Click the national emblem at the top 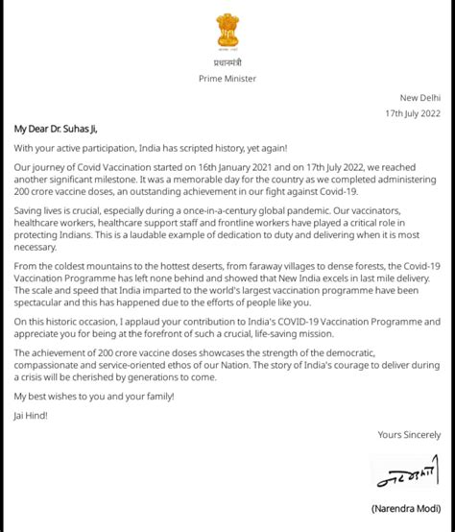tap(227, 32)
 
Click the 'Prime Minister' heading tap(227, 79)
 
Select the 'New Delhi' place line tap(420, 98)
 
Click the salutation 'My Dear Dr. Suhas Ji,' tap(56, 129)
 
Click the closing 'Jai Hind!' tap(31, 415)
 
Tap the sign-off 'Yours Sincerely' tap(409, 435)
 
